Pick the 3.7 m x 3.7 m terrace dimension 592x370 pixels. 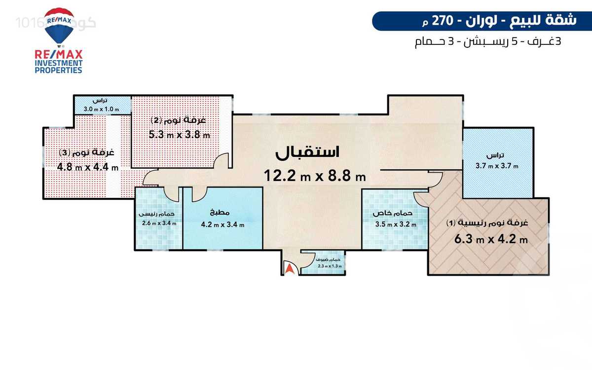[x=497, y=166]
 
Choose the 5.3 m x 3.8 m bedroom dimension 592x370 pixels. [x=180, y=134]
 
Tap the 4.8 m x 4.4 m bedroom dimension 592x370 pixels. [x=88, y=166]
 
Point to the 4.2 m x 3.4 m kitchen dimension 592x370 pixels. [x=222, y=225]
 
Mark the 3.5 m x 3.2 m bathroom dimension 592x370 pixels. [x=396, y=224]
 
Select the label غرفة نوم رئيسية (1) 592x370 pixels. [x=487, y=223]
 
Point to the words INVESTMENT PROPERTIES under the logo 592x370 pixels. [x=58, y=67]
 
